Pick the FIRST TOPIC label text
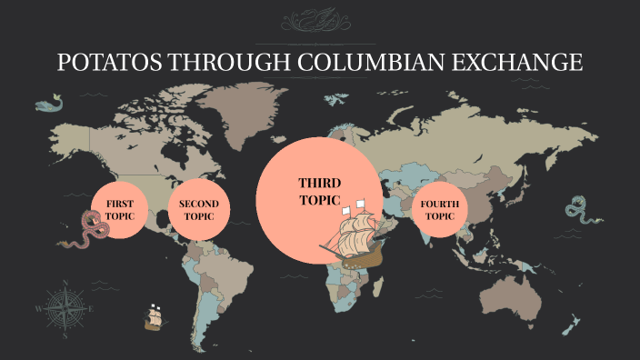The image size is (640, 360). point(120,208)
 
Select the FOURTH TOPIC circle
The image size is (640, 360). point(440,210)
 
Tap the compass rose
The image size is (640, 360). point(61,307)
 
